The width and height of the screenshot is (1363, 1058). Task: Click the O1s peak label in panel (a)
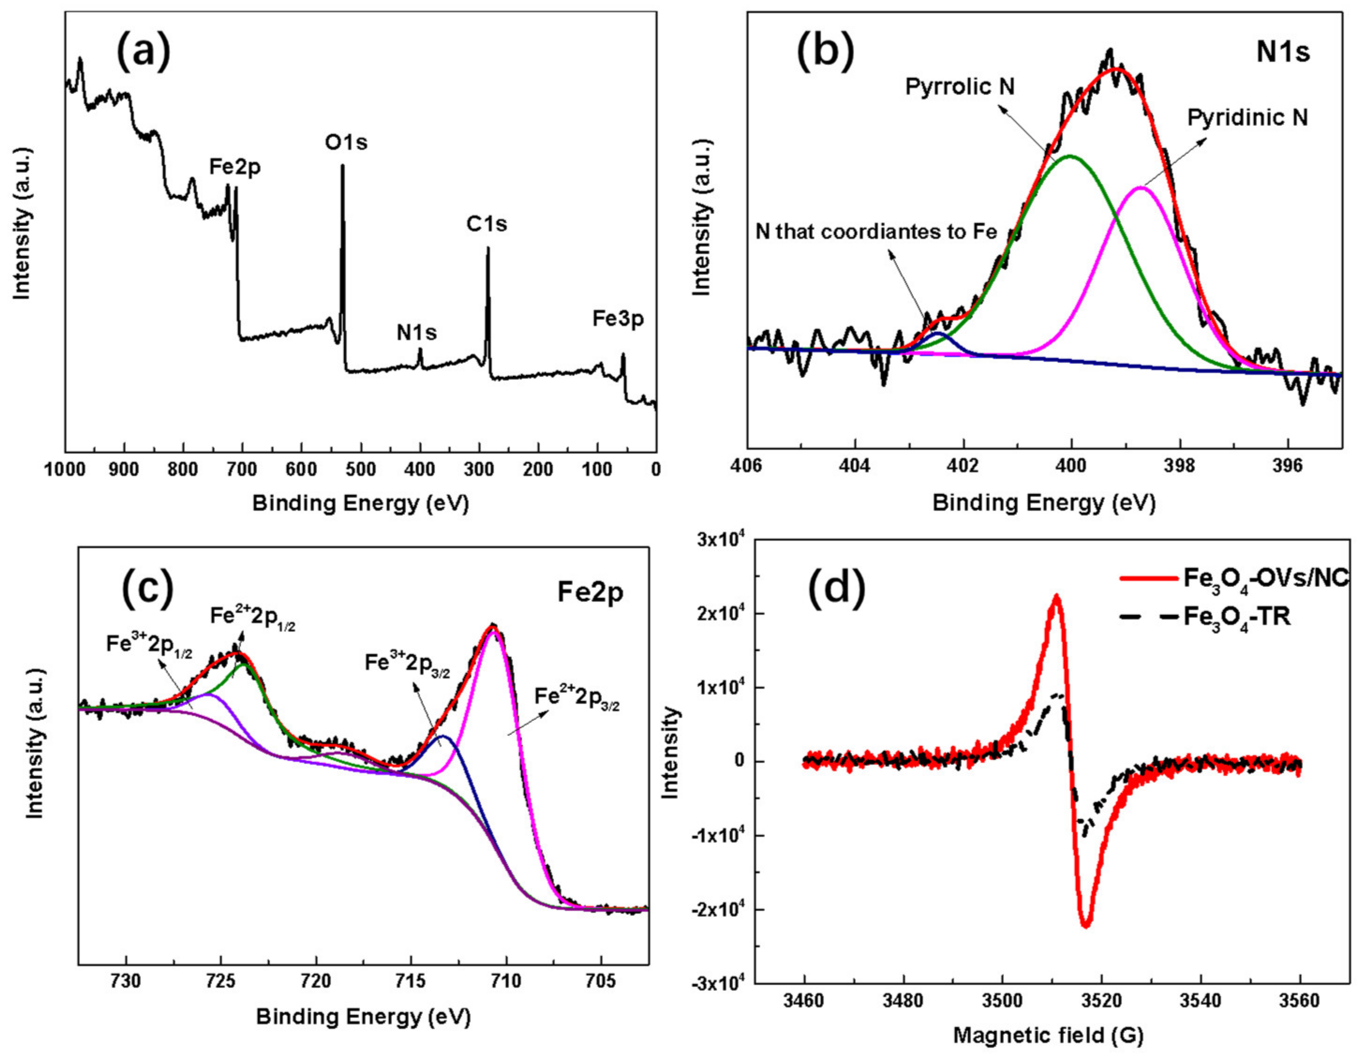pyautogui.click(x=346, y=142)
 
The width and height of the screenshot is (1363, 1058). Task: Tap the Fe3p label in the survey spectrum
pyautogui.click(x=618, y=319)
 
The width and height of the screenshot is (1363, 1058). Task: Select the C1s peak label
pyautogui.click(x=487, y=223)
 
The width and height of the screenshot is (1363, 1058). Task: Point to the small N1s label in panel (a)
pyautogui.click(x=417, y=333)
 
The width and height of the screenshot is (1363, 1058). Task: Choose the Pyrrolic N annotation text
pyautogui.click(x=961, y=87)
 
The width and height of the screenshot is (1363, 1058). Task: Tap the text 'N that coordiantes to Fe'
pyautogui.click(x=877, y=231)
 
